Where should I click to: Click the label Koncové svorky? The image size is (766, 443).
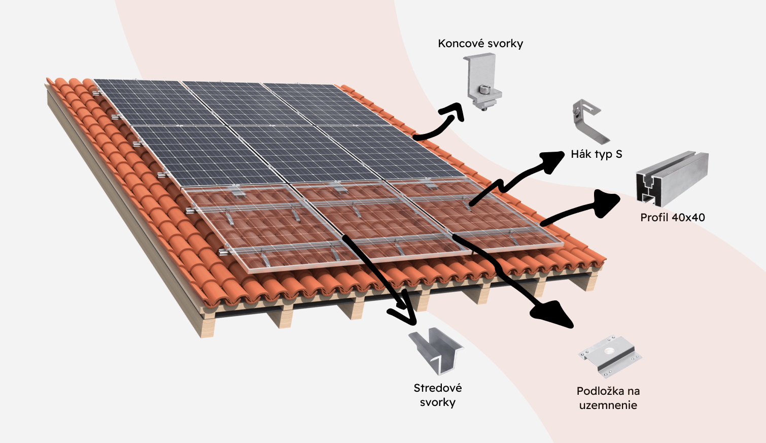tap(480, 44)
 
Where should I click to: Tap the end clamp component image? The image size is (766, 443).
tap(483, 83)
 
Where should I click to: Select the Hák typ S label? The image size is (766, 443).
tap(596, 154)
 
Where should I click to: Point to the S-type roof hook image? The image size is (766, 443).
tap(589, 121)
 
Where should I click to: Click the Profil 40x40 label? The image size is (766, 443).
tap(672, 218)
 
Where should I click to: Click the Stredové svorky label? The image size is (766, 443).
tap(437, 395)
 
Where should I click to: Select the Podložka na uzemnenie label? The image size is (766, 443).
tap(608, 398)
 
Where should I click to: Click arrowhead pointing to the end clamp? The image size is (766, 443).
tap(455, 111)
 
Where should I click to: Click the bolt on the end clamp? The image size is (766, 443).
tap(485, 92)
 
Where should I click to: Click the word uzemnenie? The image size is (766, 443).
tap(608, 405)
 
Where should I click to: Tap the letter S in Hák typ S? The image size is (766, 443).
tap(618, 154)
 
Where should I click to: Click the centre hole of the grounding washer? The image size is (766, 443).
tap(608, 351)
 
